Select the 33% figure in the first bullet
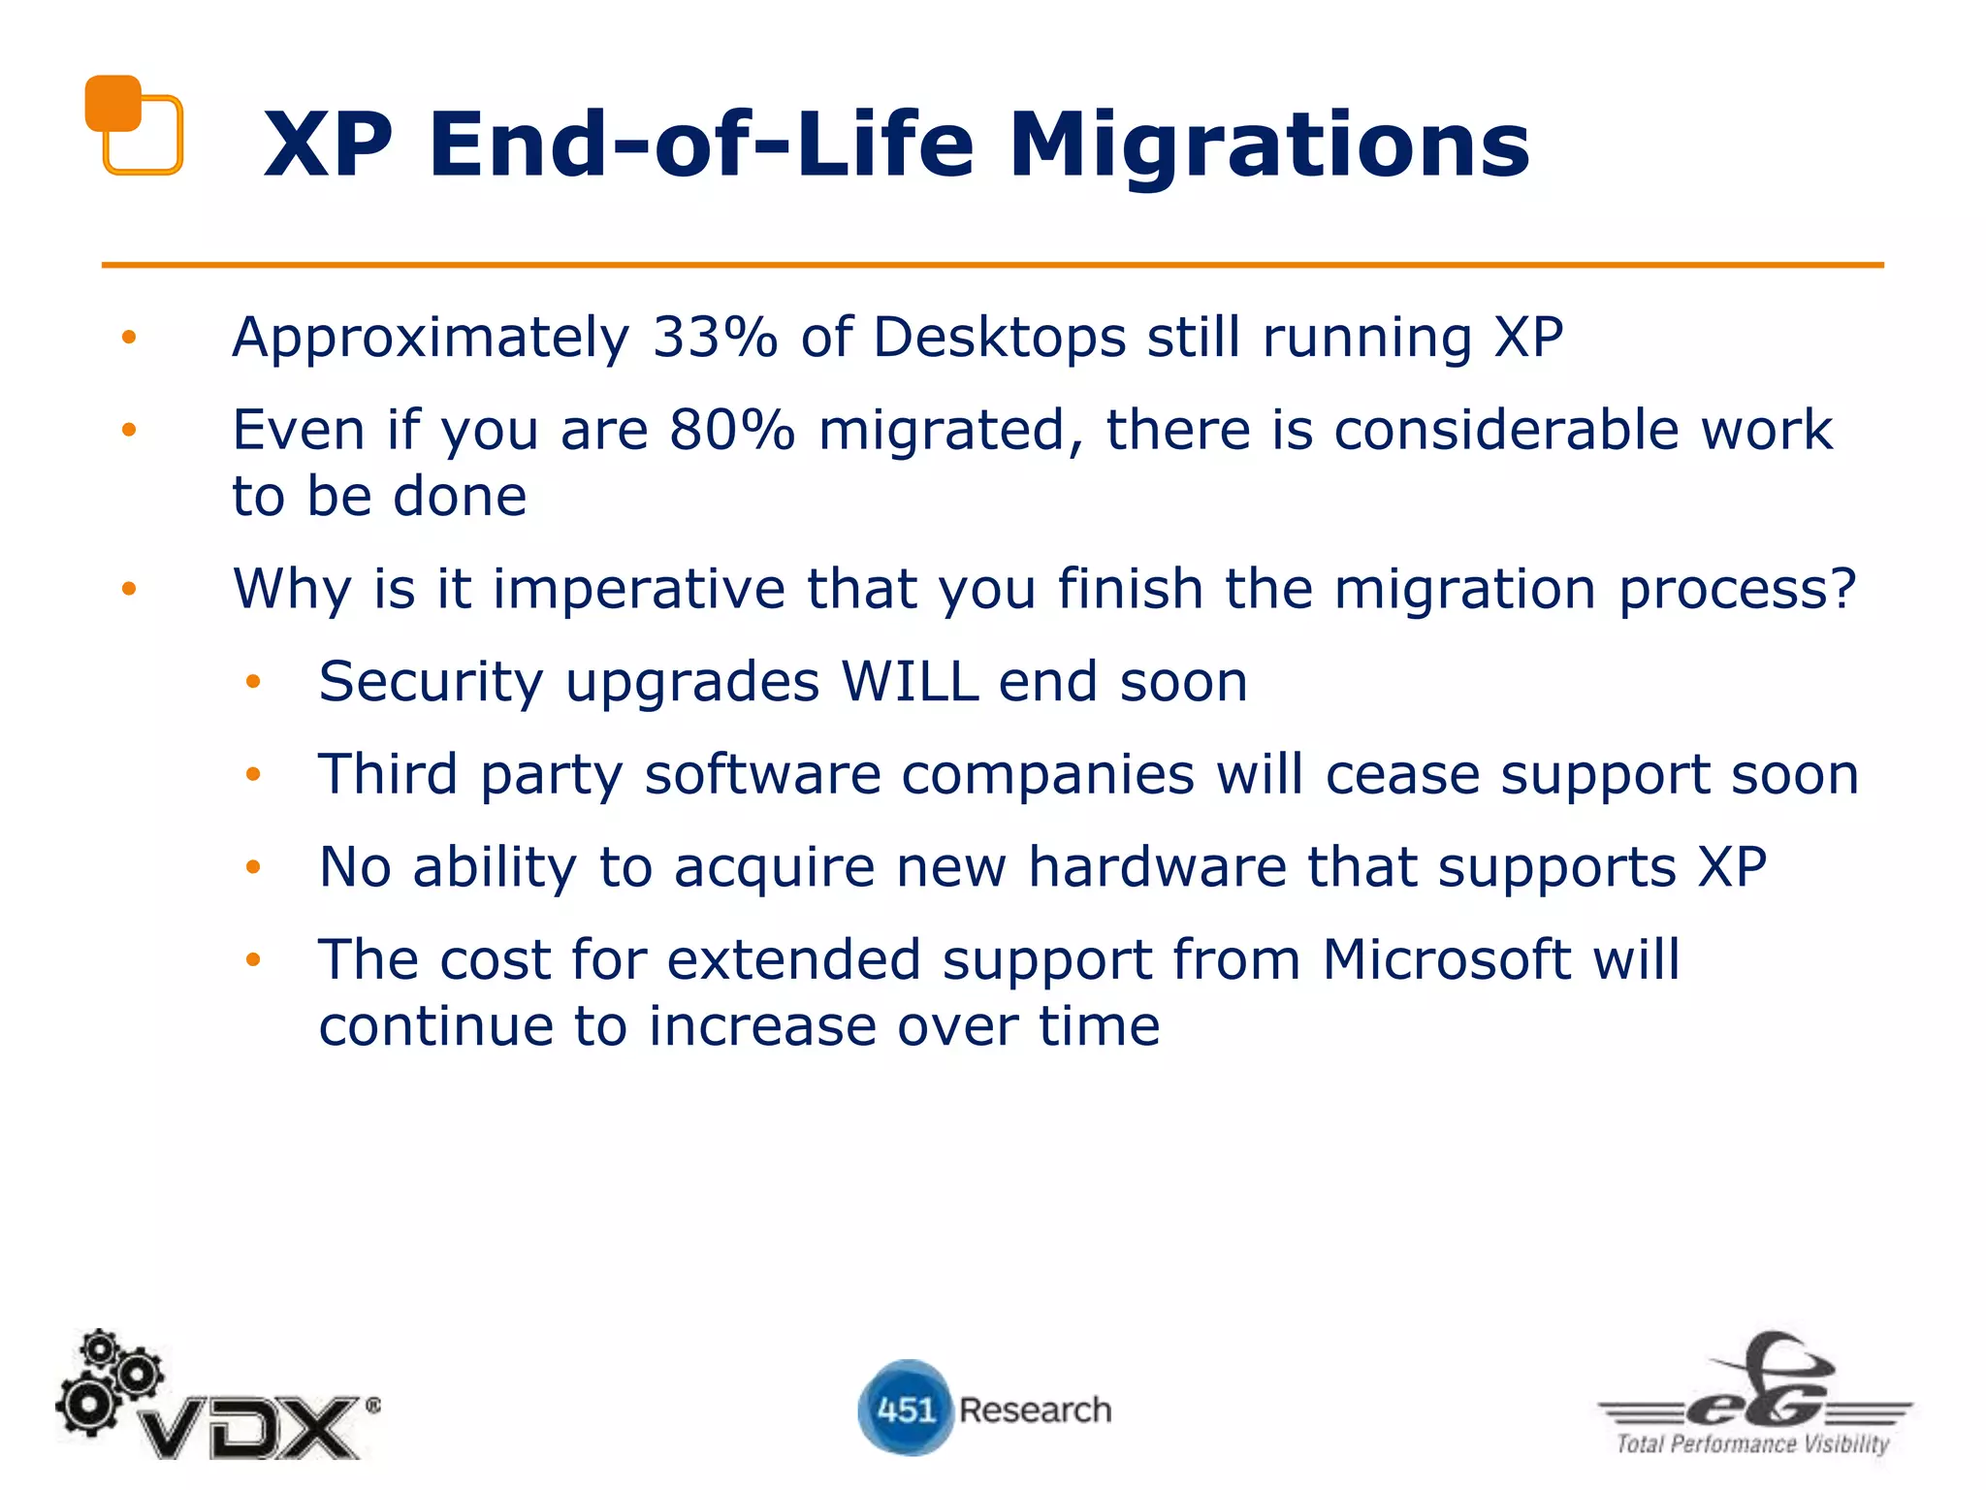pyautogui.click(x=714, y=338)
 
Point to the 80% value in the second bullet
pyautogui.click(x=731, y=430)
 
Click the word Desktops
pyautogui.click(x=999, y=338)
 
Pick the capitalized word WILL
pyautogui.click(x=910, y=681)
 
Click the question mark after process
pyautogui.click(x=1841, y=589)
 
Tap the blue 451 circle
pyautogui.click(x=906, y=1408)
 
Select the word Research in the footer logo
pyautogui.click(x=1035, y=1409)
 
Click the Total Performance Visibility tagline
pyautogui.click(x=1752, y=1443)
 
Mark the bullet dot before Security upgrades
pyautogui.click(x=253, y=682)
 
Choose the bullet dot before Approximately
pyautogui.click(x=129, y=338)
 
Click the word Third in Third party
pyautogui.click(x=388, y=774)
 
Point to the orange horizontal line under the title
pyautogui.click(x=992, y=264)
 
